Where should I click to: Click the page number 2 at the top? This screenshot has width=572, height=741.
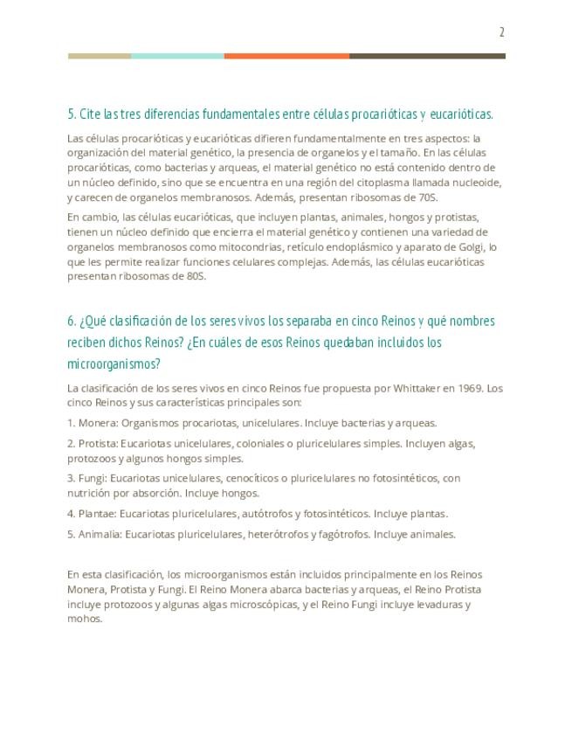click(502, 32)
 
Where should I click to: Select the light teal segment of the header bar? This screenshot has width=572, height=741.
click(177, 56)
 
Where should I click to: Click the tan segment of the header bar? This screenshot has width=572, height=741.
click(100, 56)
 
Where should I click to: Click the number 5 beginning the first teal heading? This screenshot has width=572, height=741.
click(70, 114)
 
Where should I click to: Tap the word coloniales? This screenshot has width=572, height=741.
click(265, 443)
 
